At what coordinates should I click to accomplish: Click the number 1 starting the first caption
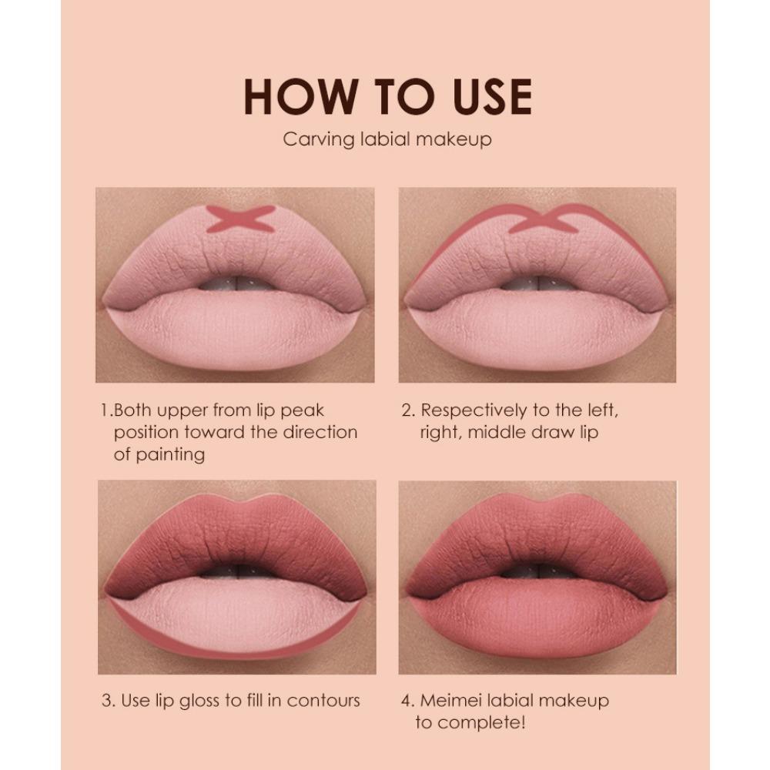(x=105, y=410)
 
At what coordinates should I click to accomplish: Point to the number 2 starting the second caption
(x=407, y=410)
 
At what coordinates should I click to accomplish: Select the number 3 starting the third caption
(x=107, y=701)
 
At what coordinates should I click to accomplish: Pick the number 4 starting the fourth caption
(x=407, y=701)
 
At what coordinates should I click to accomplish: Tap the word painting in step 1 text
(x=169, y=454)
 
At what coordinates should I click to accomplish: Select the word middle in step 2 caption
(x=500, y=432)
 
